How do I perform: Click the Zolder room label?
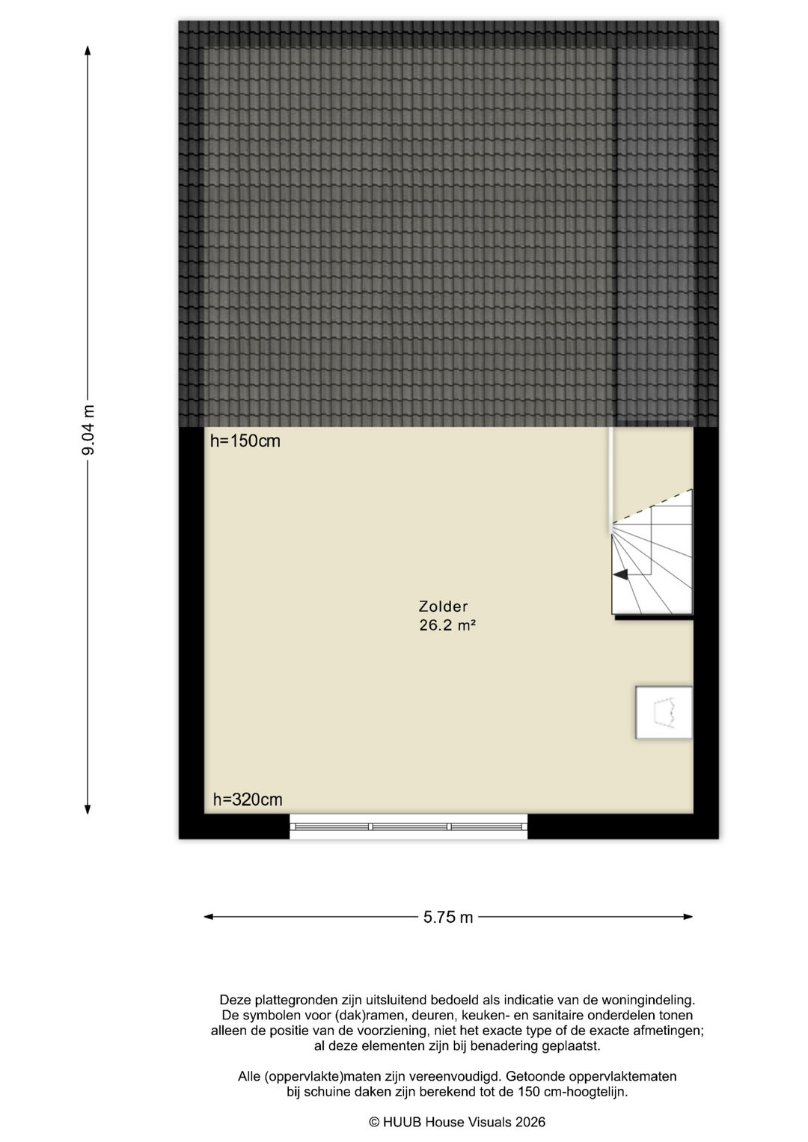(x=443, y=607)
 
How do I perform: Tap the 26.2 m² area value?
(x=447, y=625)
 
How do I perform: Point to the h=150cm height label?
(x=245, y=441)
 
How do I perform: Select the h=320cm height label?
(x=248, y=799)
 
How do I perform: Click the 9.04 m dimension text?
(x=88, y=430)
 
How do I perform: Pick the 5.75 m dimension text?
(x=448, y=917)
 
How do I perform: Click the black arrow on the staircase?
(x=620, y=574)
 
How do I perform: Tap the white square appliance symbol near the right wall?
(x=664, y=712)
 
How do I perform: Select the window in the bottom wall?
(x=408, y=826)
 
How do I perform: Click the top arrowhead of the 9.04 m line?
(x=88, y=50)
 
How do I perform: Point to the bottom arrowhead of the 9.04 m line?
(x=88, y=809)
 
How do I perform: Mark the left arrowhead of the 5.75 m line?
(x=209, y=917)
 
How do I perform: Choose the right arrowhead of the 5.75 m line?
(x=688, y=917)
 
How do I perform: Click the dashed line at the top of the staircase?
(x=652, y=506)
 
